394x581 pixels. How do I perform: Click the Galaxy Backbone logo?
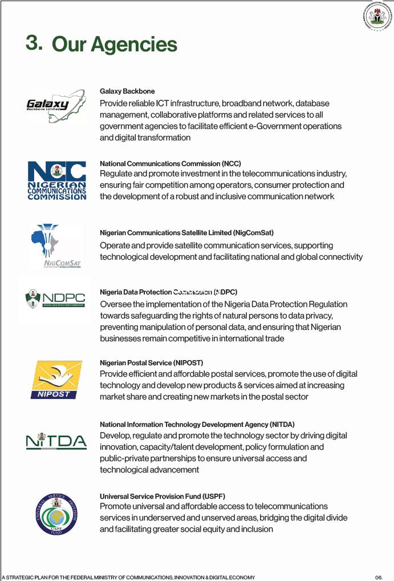(56, 105)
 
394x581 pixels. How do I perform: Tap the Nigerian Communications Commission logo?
(57, 180)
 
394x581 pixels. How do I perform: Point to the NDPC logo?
(55, 298)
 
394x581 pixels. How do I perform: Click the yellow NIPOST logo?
(57, 380)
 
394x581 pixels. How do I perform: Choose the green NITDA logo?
(56, 442)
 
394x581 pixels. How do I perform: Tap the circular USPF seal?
(56, 514)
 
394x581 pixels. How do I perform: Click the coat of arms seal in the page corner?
(377, 17)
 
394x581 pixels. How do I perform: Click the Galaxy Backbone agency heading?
(127, 91)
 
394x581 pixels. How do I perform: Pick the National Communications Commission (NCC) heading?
(170, 164)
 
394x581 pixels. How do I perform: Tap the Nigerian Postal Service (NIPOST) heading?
(151, 363)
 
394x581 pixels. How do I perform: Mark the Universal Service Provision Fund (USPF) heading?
(158, 497)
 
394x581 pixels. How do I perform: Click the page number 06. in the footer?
(379, 577)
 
